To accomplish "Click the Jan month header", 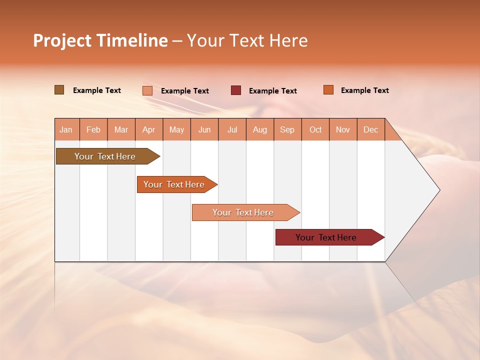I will (x=66, y=129).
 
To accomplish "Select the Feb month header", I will (x=93, y=129).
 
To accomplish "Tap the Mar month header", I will (x=121, y=129).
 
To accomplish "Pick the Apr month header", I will (x=149, y=129).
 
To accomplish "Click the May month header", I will (x=176, y=129).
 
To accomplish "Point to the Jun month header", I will (x=204, y=129).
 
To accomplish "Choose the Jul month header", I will (x=232, y=129).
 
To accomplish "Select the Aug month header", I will (x=260, y=129).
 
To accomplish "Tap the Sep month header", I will (x=287, y=129).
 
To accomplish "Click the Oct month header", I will (x=315, y=129).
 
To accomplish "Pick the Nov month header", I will (x=343, y=129).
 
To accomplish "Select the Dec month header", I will (x=371, y=129).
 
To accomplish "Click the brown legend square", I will (x=59, y=90).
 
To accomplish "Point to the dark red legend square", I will (x=236, y=90).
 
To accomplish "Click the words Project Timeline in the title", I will (x=100, y=40).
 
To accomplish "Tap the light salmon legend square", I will (x=147, y=90).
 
